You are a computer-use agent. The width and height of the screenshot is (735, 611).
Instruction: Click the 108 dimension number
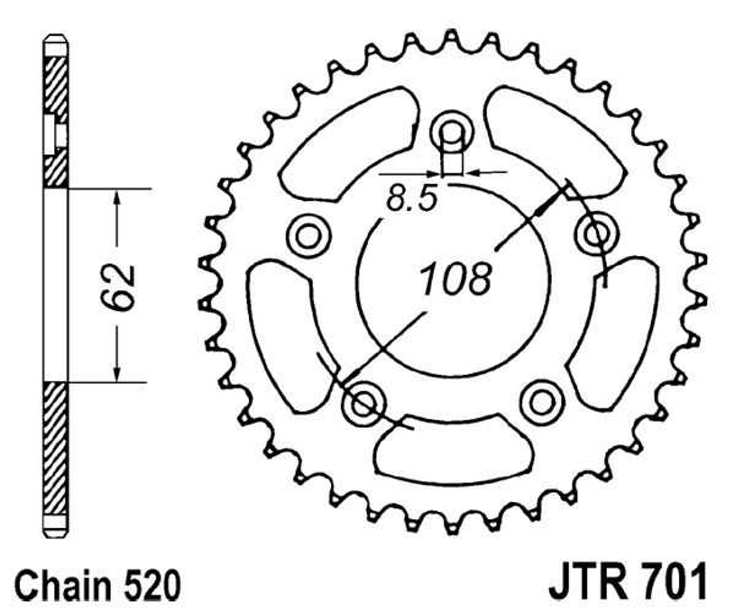(456, 279)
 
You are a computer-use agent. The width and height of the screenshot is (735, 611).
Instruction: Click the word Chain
(62, 584)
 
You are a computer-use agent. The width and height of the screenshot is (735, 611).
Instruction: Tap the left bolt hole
(307, 235)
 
